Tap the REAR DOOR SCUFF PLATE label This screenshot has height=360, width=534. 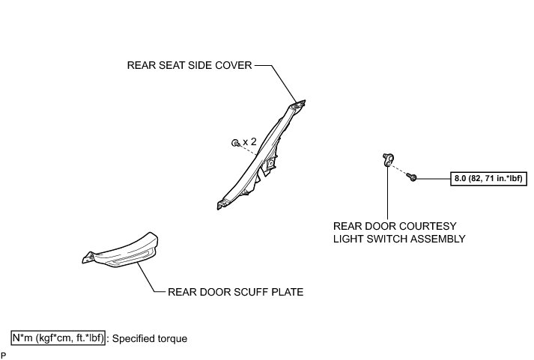(x=236, y=292)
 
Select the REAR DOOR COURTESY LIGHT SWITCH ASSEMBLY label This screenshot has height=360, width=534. (x=400, y=232)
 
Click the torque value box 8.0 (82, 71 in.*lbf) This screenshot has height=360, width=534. (x=488, y=178)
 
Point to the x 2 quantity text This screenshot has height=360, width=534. (x=249, y=141)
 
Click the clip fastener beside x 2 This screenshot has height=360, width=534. (x=235, y=141)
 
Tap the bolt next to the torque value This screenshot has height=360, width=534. (x=412, y=177)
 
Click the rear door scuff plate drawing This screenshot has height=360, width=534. (x=124, y=251)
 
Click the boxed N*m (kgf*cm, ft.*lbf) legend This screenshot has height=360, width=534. (x=58, y=338)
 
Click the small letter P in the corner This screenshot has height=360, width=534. (x=4, y=353)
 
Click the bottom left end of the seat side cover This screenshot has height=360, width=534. (x=220, y=203)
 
